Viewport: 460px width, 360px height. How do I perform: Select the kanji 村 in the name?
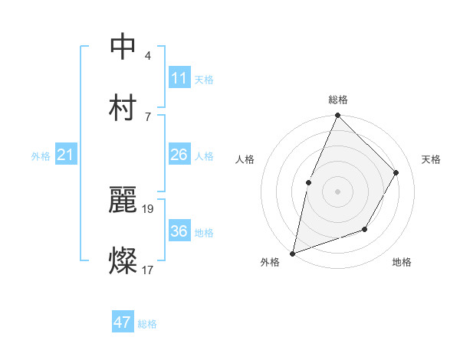point(123,106)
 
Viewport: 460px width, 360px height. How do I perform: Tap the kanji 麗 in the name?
point(123,200)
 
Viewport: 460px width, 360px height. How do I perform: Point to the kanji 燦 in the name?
point(123,260)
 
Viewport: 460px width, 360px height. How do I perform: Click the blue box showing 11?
point(179,78)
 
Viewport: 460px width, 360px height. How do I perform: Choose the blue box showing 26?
point(179,155)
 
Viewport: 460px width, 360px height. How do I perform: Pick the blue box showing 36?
point(179,231)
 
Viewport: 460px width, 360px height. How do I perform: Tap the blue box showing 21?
point(65,155)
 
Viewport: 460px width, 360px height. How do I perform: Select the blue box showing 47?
point(123,322)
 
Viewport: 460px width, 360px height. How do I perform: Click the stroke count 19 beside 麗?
point(149,208)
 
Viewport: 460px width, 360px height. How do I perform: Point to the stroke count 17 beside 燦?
point(148,269)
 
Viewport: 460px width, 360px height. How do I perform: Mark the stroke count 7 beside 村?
point(148,116)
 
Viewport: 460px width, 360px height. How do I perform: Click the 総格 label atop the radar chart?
point(338,100)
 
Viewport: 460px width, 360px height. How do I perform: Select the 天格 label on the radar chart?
point(431,159)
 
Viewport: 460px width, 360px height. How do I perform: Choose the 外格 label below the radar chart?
point(270,263)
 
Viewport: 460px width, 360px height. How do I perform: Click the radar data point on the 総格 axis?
point(337,116)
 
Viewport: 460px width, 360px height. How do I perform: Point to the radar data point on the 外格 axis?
point(293,253)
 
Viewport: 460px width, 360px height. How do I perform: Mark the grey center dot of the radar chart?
point(337,191)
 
